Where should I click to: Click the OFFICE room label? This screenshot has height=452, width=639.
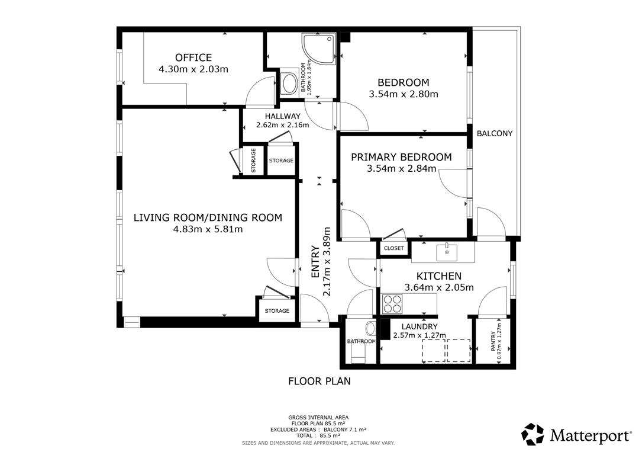pos(193,57)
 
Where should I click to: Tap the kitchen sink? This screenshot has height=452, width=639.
pos(447,252)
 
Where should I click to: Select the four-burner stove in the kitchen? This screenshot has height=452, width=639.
pos(392,304)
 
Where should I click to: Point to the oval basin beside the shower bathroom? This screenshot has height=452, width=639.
pos(290,84)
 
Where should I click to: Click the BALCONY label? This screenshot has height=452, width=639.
pos(494,133)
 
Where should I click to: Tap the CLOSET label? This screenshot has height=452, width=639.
pos(393,248)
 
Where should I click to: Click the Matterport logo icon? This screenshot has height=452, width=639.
pos(532,434)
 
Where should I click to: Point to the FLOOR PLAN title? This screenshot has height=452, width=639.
pos(319,381)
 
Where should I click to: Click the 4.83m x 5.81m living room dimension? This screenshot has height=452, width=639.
pos(208,229)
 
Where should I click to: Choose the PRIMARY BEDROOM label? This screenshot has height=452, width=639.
pos(401,157)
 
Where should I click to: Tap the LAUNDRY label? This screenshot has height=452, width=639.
pos(419,326)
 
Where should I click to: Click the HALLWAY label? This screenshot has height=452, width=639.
pos(282,116)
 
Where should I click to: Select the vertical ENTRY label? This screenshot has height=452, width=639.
pos(315,262)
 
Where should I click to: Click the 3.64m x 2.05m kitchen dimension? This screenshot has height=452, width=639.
pos(439,287)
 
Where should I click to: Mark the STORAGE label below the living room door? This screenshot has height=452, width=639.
pos(277,311)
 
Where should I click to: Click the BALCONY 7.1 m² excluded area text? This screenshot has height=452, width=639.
pos(345,429)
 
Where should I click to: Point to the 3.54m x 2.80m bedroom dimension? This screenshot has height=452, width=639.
pos(404,94)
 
